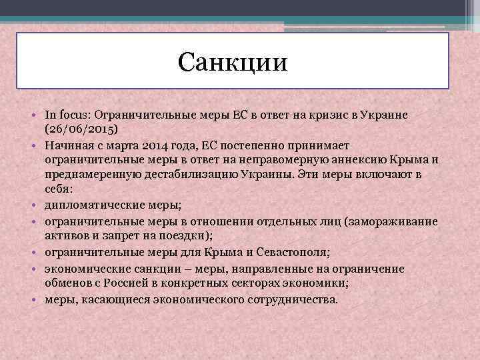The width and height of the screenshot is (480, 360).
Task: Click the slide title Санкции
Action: (x=233, y=63)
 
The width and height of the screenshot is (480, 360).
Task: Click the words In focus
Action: (x=65, y=115)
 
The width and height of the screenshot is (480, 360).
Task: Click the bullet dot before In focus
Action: (x=37, y=115)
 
